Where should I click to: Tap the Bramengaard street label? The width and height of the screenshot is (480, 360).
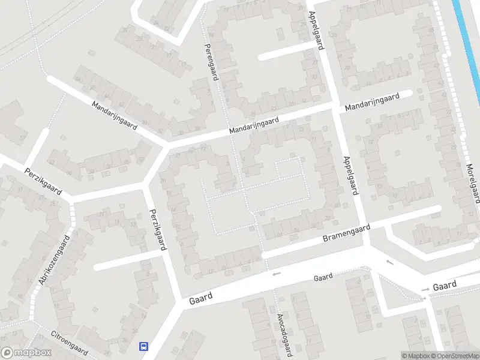point(346,234)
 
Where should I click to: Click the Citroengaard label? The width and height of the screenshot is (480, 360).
point(70,343)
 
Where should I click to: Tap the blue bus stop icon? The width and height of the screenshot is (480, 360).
point(144,346)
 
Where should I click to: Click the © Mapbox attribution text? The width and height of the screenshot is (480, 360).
point(416,356)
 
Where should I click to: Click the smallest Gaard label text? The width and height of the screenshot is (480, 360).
point(323,278)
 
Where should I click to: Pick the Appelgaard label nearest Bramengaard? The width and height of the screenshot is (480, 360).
point(351,175)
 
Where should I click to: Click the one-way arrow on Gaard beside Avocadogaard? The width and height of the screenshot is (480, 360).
point(276,274)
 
